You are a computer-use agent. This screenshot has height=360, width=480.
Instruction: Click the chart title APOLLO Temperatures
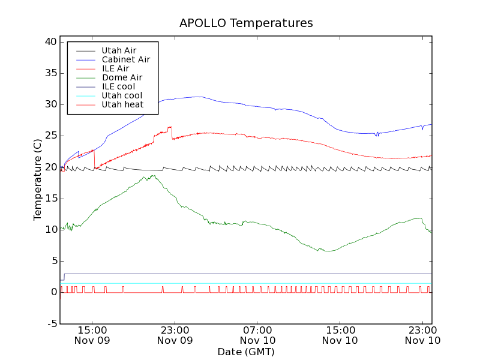click(246, 23)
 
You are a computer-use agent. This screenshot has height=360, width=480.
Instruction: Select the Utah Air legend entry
click(119, 50)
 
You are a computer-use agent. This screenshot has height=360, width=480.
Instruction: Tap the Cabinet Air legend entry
click(125, 59)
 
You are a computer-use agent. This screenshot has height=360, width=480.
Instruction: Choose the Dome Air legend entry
click(122, 77)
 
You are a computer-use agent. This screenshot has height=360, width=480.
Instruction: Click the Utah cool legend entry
click(122, 95)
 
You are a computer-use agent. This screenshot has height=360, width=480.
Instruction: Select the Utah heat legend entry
click(122, 104)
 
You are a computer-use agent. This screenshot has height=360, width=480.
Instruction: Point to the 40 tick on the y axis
click(50, 42)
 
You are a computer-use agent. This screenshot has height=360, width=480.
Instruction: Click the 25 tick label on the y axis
click(50, 136)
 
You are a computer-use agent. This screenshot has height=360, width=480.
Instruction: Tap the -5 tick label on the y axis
click(52, 323)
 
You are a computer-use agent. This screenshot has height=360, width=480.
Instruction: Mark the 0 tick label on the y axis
click(53, 292)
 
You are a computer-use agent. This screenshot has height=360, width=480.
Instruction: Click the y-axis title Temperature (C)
click(38, 182)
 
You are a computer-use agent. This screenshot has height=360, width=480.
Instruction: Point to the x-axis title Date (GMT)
click(246, 351)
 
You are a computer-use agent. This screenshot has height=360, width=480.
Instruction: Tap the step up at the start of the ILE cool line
click(64, 277)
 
